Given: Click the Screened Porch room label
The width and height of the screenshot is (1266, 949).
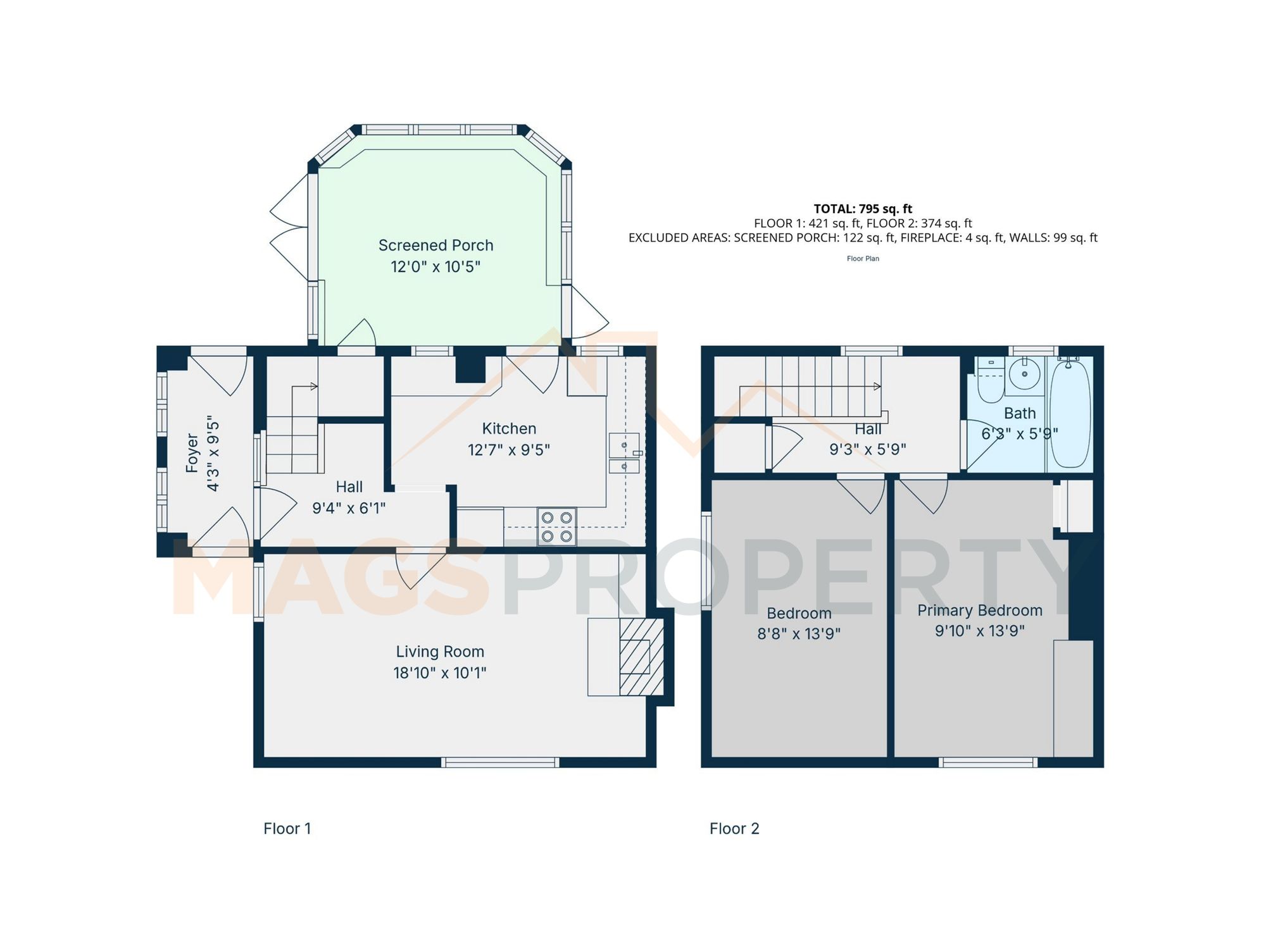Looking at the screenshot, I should pos(436,245).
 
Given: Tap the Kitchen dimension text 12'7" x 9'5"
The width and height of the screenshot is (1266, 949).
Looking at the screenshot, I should pos(508,450).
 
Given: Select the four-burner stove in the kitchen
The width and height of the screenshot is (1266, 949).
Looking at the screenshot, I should pos(557,526).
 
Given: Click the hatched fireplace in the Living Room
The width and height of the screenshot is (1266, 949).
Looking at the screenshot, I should pos(641,657).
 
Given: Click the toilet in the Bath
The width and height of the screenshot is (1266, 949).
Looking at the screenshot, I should pos(991,380).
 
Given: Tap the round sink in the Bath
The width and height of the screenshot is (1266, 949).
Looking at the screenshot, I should pos(1024,374).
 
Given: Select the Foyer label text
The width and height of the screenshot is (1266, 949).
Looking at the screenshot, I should pos(192,453).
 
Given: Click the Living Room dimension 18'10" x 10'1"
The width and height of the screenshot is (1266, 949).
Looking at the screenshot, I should pos(439,673).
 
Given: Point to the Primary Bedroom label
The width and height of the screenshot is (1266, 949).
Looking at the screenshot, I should pos(979,611).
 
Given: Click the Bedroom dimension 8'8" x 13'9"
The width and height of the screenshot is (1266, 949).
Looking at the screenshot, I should pos(799,633).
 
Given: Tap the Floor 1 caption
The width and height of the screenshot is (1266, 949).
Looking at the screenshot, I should pos(287,829).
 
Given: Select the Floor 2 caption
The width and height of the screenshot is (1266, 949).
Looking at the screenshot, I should pos(734,829).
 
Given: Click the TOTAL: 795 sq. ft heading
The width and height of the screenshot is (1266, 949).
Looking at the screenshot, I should pos(863,209).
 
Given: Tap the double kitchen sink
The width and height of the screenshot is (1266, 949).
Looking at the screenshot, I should pos(624,454).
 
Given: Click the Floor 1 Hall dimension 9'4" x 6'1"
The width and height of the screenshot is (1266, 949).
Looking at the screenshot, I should pos(349,508).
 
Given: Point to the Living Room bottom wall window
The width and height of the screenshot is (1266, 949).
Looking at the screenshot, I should pos(500,763).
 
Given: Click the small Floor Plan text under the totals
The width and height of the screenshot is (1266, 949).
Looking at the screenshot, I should pos(863,258).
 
